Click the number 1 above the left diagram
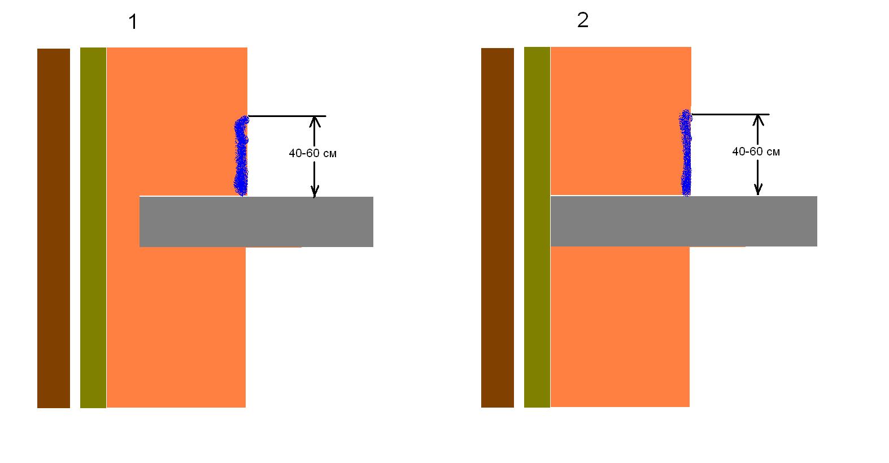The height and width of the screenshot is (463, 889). (133, 22)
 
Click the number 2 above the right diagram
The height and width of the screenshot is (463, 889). (583, 20)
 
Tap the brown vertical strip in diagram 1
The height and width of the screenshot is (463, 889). (54, 228)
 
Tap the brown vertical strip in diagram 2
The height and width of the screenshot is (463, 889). (498, 228)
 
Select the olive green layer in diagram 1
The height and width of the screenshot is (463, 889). (93, 228)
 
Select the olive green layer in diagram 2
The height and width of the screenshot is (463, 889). (537, 227)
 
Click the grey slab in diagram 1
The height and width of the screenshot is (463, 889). (256, 222)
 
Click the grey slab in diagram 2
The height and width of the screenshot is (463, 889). (684, 221)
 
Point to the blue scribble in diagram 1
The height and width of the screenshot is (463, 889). (241, 155)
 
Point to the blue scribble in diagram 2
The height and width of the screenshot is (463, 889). (686, 153)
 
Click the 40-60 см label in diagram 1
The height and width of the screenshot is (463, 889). (313, 153)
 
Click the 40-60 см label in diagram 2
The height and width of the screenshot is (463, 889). (756, 152)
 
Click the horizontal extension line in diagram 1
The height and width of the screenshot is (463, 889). (287, 116)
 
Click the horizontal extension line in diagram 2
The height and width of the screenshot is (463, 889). (731, 114)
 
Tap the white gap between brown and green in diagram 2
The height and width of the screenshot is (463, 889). (519, 228)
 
